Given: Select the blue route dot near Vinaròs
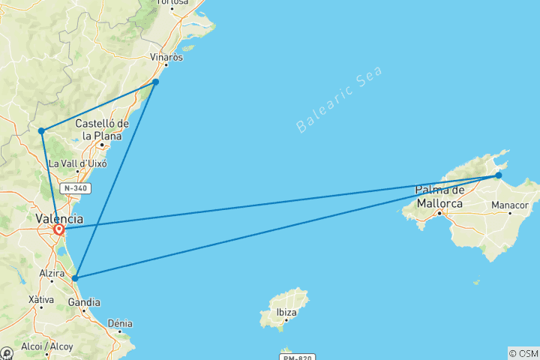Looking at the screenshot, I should tap(155, 82).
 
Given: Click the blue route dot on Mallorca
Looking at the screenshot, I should tap(499, 175).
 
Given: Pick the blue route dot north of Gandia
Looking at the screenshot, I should tap(75, 278).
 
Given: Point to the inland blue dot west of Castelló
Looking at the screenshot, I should tap(42, 131).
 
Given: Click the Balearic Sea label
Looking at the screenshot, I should tap(339, 99).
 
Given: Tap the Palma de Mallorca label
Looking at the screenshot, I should tap(439, 196).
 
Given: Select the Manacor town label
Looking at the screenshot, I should tap(509, 205).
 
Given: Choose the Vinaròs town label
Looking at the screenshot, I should tap(166, 58).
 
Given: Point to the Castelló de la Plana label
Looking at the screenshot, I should tap(103, 129).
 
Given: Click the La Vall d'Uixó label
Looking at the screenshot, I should tap(77, 163).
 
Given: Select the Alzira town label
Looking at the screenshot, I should tap(52, 272).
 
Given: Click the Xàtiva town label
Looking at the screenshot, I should tap(40, 300).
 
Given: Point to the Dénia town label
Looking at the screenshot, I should tap(120, 323).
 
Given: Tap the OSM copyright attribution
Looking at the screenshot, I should tap(523, 352).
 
